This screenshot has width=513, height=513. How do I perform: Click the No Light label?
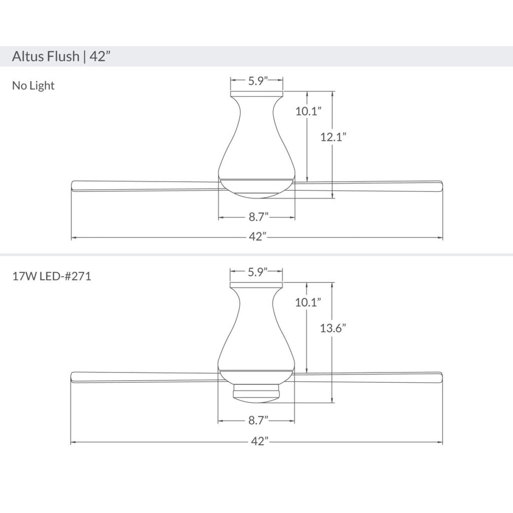[x=33, y=86]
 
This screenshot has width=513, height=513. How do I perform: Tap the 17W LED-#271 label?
[x=52, y=277]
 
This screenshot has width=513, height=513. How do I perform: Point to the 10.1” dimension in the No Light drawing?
[x=308, y=111]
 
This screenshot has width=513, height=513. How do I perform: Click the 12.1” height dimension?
[x=333, y=137]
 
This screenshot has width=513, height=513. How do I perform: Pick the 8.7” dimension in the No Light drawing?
[x=259, y=216]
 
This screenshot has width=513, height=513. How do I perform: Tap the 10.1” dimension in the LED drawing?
[x=308, y=302]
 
